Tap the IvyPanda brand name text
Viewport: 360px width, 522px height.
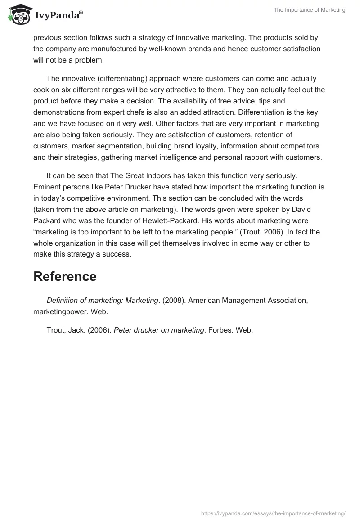pos(58,16)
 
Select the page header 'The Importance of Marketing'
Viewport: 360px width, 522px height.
pos(309,10)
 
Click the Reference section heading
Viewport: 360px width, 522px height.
pos(65,277)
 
